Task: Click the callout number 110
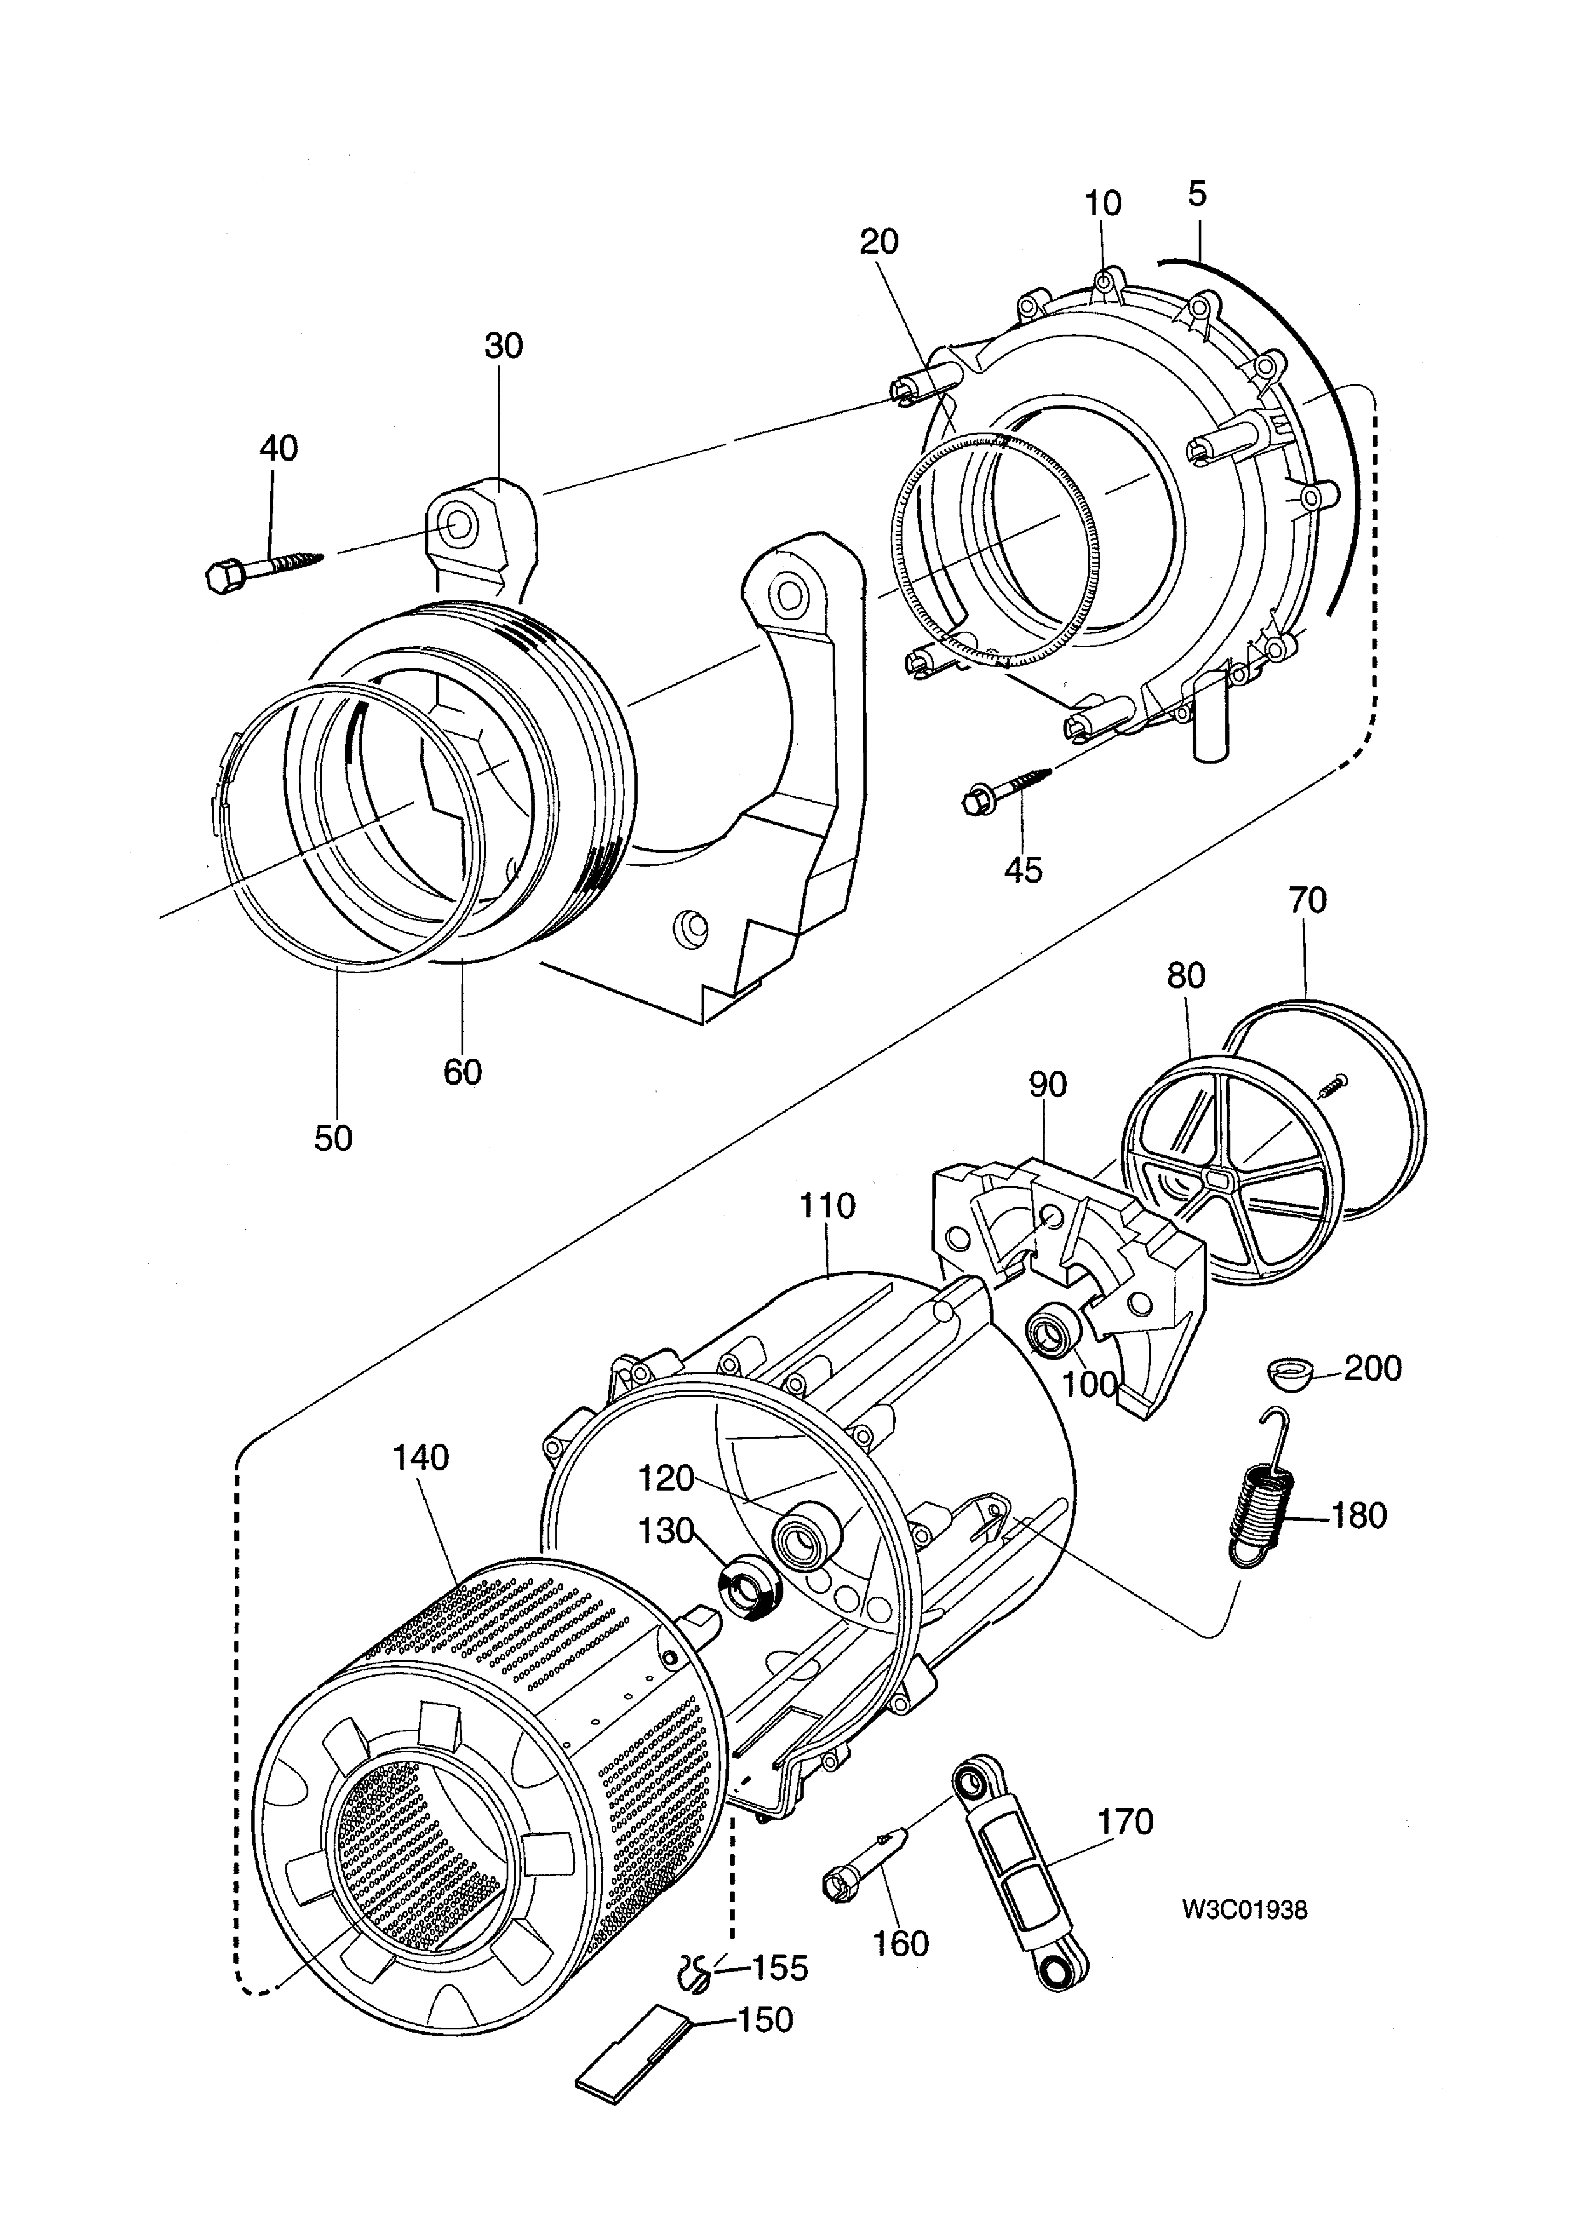coord(827,1206)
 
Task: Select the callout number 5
coord(1197,194)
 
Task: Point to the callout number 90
coord(1047,1085)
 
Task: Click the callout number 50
coord(333,1138)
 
